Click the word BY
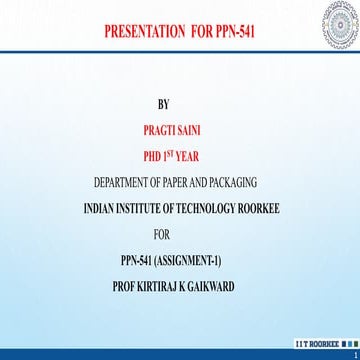(x=165, y=106)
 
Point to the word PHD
(x=154, y=156)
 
